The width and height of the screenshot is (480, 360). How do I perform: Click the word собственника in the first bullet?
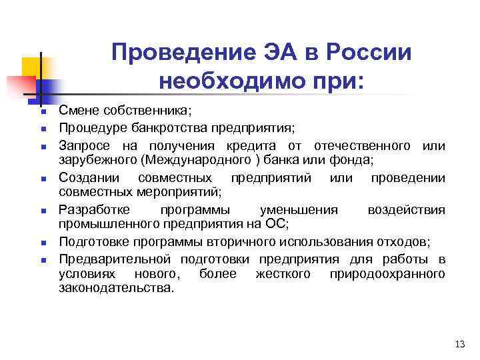pos(139,110)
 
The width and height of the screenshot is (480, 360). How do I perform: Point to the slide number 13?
pos(459,344)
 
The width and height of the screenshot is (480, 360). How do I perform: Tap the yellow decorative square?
pos(31,67)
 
